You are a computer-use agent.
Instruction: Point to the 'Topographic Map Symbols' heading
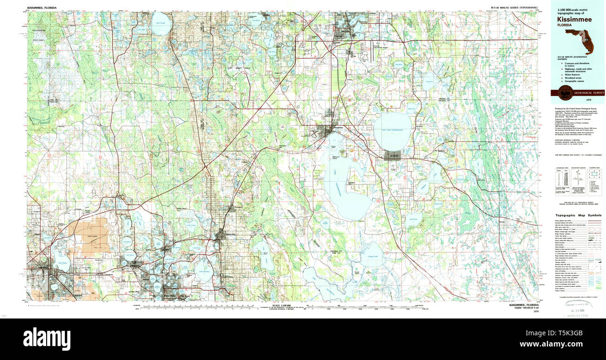tap(578, 215)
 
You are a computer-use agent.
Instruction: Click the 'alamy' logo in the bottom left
tap(47, 338)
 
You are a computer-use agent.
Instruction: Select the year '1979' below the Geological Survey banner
tap(588, 100)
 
